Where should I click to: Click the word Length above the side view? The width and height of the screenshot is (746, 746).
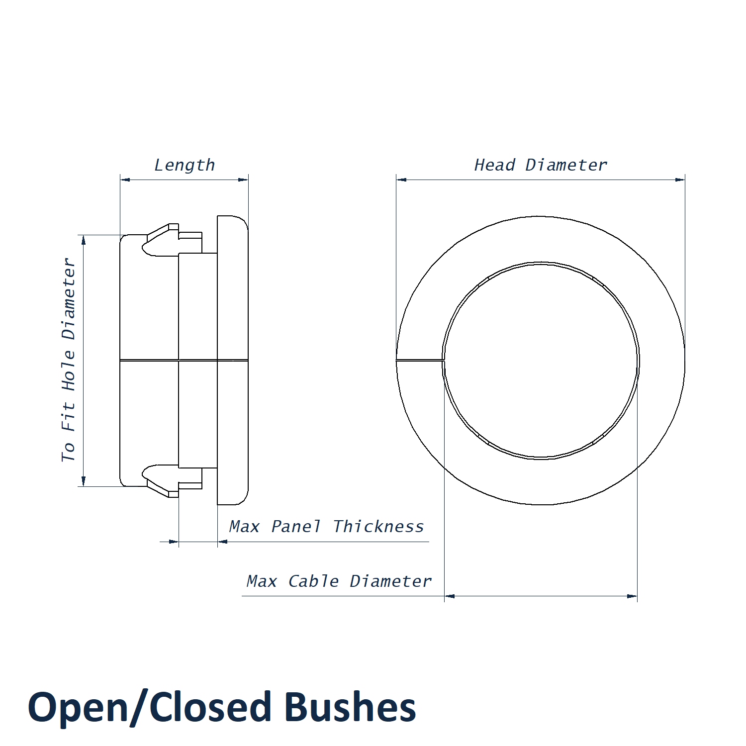(185, 165)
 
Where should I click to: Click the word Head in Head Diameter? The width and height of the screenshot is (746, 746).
(494, 165)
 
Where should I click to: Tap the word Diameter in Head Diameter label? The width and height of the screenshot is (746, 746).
(566, 165)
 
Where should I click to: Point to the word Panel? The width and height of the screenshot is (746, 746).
(296, 527)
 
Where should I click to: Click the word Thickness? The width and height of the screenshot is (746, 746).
(378, 527)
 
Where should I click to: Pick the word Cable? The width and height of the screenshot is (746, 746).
(314, 581)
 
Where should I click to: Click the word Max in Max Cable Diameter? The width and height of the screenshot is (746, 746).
(262, 581)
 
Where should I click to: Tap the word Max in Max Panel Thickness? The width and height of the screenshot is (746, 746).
(244, 527)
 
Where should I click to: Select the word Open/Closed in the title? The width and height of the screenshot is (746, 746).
(150, 707)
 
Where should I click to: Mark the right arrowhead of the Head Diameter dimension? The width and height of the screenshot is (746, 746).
(680, 180)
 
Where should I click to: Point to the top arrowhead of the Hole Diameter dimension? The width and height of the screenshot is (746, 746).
(84, 240)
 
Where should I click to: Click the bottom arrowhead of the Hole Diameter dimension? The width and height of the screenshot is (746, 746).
(84, 481)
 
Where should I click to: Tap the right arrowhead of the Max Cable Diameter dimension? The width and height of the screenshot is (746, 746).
(632, 596)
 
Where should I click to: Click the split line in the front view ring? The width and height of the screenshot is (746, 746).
(419, 360)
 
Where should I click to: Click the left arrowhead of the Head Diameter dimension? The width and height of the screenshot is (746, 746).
(401, 180)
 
